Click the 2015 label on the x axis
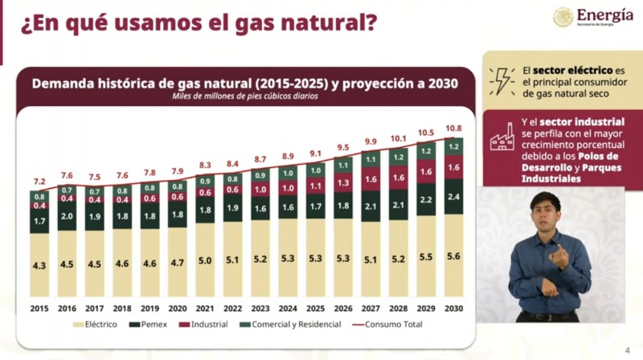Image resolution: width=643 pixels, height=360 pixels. (39, 308)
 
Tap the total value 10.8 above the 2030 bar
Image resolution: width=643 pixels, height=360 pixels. (453, 129)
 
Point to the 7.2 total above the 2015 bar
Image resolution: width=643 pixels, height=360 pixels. (39, 182)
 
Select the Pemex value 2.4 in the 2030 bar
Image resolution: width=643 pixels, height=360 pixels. (453, 197)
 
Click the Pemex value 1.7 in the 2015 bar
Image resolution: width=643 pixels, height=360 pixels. (39, 219)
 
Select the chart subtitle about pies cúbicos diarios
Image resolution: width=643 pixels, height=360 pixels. (244, 96)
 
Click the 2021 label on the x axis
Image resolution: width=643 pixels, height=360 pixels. (205, 308)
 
